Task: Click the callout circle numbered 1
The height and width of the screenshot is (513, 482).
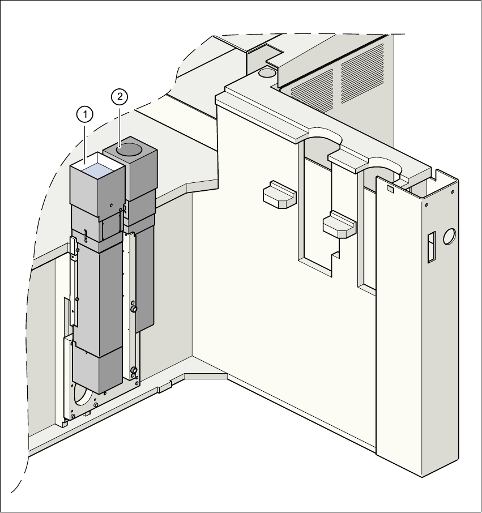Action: [x=84, y=115]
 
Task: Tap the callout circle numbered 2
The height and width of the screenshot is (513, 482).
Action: [x=120, y=97]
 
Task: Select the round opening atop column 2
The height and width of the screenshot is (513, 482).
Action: [x=130, y=150]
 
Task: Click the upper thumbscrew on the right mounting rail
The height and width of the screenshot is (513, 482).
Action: [x=134, y=309]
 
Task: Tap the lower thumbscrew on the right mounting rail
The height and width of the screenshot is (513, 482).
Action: [x=134, y=371]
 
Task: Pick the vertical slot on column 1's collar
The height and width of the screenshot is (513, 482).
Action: [x=84, y=234]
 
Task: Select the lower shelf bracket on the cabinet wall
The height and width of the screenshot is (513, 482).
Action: [x=339, y=223]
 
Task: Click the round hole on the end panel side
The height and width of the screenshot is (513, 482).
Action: [x=450, y=236]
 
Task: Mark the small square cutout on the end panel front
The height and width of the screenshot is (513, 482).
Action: [x=390, y=188]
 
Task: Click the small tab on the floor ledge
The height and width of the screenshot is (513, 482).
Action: [x=164, y=388]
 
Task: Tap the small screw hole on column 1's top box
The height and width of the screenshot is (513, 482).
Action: [x=112, y=204]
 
